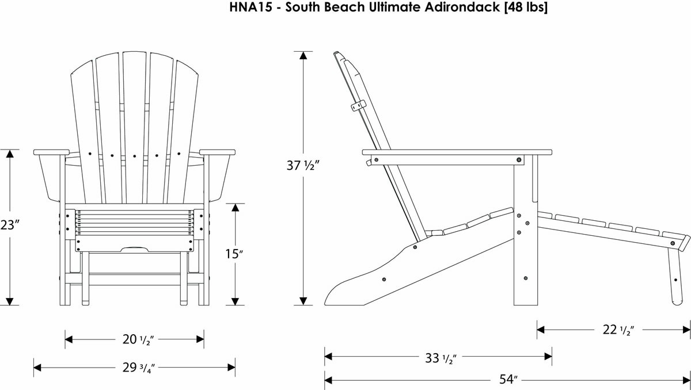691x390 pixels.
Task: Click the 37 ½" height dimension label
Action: pos(303,166)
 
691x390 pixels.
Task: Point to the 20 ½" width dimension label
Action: pos(135,339)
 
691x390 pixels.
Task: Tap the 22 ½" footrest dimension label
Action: pos(614,330)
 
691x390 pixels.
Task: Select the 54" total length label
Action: pos(507,380)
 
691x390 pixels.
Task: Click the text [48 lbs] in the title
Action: pos(524,7)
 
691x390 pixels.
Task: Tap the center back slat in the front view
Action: pos(135,127)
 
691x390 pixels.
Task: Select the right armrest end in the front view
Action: pos(218,152)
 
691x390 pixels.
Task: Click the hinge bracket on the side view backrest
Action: pos(358,105)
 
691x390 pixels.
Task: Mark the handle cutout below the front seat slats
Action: pos(135,249)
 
